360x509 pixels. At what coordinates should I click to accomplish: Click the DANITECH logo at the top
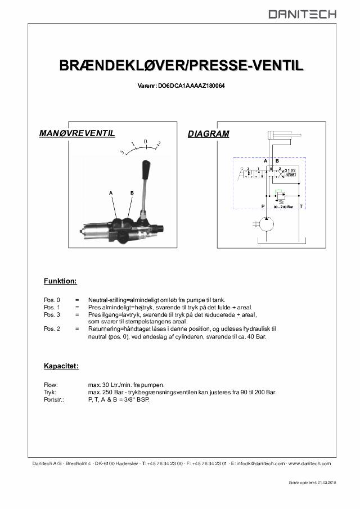(302, 14)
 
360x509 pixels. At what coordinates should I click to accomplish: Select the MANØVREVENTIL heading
(77, 133)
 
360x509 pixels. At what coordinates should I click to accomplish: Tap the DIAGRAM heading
(208, 134)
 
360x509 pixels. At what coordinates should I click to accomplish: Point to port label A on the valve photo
(112, 193)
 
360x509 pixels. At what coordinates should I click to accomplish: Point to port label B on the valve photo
(132, 193)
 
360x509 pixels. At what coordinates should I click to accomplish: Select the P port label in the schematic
(263, 206)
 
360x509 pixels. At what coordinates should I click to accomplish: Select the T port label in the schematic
(301, 206)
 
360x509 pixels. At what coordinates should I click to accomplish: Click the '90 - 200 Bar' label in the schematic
(283, 207)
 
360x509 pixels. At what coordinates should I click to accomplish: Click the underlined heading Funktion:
(60, 281)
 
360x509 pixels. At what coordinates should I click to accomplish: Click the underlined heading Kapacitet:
(61, 366)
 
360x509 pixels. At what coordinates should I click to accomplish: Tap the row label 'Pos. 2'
(52, 328)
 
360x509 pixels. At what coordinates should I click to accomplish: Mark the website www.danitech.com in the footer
(309, 463)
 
